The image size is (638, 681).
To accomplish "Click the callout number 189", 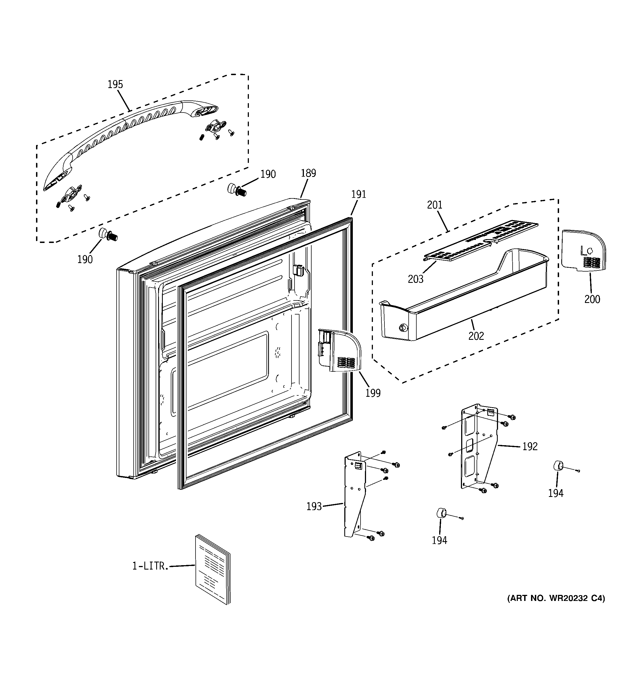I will [x=308, y=173].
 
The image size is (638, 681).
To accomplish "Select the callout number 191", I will [x=359, y=194].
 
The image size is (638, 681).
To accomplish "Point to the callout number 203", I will [x=416, y=279].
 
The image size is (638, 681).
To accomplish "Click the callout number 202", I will [x=476, y=336].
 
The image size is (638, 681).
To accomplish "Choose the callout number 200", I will [x=592, y=299].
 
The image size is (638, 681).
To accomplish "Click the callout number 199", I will [x=373, y=393].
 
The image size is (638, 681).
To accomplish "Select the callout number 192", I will [x=530, y=446].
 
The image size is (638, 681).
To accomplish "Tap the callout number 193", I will [x=314, y=506].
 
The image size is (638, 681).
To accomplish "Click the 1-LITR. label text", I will [x=151, y=566].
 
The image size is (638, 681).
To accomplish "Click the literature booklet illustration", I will [x=212, y=569].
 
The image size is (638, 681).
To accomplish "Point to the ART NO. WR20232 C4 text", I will [x=556, y=598].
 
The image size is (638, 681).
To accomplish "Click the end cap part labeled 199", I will [x=339, y=351].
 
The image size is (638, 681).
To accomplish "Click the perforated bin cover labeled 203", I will [x=479, y=240].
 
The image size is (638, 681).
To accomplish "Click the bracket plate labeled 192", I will [x=478, y=445].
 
